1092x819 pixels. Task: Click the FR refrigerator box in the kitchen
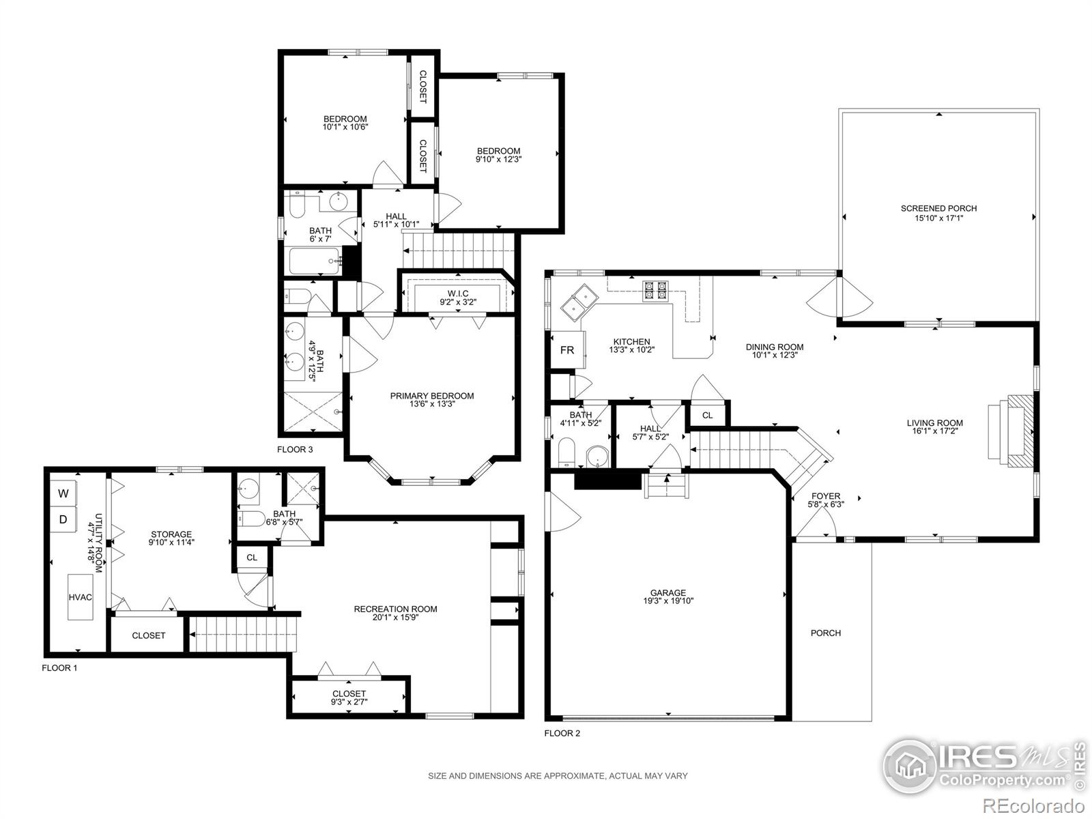pos(567,350)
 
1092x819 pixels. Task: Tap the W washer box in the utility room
pos(63,493)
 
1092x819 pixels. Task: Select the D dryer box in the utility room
pos(63,519)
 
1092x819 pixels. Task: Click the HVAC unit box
pos(80,597)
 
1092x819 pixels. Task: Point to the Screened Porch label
pos(938,209)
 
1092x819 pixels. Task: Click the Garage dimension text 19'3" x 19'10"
pos(667,601)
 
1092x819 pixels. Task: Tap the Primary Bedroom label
pos(431,396)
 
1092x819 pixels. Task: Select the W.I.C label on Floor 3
pos(458,293)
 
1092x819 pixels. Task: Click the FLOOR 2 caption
pos(562,734)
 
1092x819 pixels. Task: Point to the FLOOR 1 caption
pos(59,667)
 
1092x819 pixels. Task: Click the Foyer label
pos(825,496)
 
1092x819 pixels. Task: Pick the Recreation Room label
pos(395,609)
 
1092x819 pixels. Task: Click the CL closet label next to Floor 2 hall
pos(707,415)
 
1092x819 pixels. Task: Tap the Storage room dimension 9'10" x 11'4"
pos(171,543)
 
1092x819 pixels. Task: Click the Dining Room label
pos(774,347)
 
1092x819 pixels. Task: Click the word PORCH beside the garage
pos(825,633)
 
